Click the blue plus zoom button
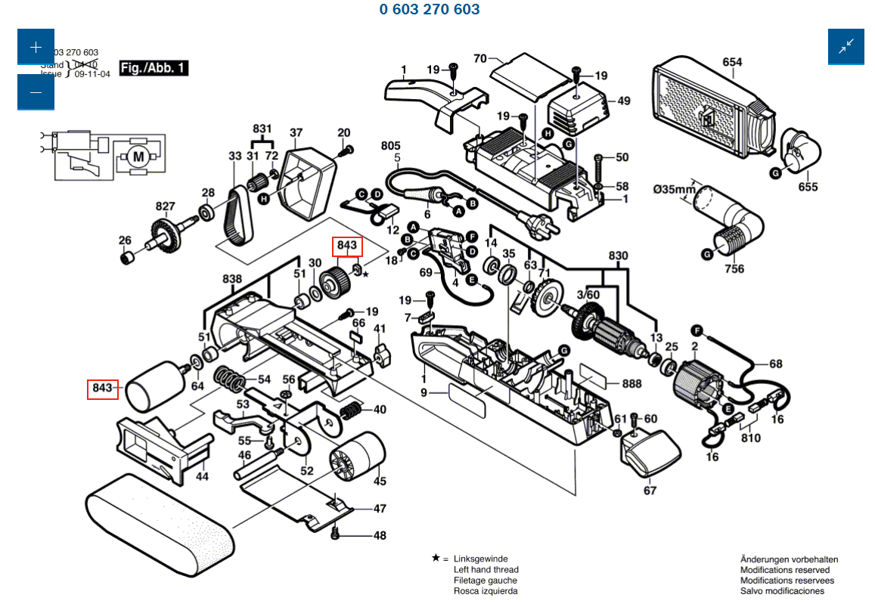36,47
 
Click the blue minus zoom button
36,92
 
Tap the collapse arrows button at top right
846,47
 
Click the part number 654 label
732,63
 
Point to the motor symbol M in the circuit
138,156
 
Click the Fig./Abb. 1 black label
154,68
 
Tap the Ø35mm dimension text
675,188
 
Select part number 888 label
631,384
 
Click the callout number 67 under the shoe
650,491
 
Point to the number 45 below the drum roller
379,481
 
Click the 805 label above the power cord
390,146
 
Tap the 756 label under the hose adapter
734,268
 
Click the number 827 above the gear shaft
166,206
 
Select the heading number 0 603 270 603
430,10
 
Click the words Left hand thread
486,569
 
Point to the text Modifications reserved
784,569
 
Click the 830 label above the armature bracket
618,256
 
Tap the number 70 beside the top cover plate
479,57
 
